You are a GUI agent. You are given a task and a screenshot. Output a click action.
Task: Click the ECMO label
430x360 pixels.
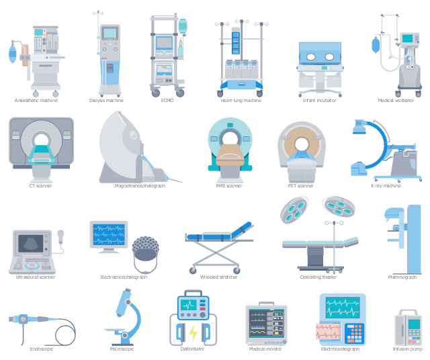[x=167, y=101]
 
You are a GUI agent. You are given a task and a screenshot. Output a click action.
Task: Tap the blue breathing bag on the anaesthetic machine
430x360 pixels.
[x=12, y=54]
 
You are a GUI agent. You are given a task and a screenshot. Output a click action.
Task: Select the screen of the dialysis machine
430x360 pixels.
[x=110, y=33]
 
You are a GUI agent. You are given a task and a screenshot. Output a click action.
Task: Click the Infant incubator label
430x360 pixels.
[x=320, y=101]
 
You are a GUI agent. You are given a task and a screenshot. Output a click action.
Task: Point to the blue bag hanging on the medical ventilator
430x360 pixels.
[x=376, y=45]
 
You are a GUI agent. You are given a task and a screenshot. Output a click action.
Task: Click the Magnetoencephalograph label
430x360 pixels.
[x=140, y=186]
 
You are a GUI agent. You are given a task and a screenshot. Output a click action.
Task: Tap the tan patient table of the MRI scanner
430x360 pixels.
[x=230, y=156]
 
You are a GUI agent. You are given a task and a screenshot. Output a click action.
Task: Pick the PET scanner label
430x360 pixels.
[x=300, y=186]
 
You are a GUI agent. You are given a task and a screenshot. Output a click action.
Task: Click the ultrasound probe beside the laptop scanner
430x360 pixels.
[x=60, y=236]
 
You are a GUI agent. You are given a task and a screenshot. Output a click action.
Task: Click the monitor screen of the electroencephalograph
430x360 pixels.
[x=109, y=234]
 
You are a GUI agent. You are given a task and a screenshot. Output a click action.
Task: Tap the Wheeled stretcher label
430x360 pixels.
[x=218, y=277]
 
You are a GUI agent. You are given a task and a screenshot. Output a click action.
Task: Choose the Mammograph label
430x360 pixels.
[x=402, y=277]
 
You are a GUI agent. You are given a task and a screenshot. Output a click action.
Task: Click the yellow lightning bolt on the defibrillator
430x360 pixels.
[x=193, y=332]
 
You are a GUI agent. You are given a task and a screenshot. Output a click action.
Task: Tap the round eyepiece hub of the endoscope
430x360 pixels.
[x=23, y=319]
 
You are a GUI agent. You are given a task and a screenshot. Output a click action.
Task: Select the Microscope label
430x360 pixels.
[x=122, y=349]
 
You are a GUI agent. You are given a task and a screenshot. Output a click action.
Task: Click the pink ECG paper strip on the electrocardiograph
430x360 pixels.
[x=328, y=331]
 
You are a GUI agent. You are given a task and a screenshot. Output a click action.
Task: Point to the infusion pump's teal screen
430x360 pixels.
[x=414, y=324]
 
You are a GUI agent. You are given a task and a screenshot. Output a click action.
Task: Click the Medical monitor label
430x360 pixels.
[x=265, y=349]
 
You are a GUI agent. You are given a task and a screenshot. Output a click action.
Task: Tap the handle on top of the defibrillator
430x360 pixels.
[x=193, y=293]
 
